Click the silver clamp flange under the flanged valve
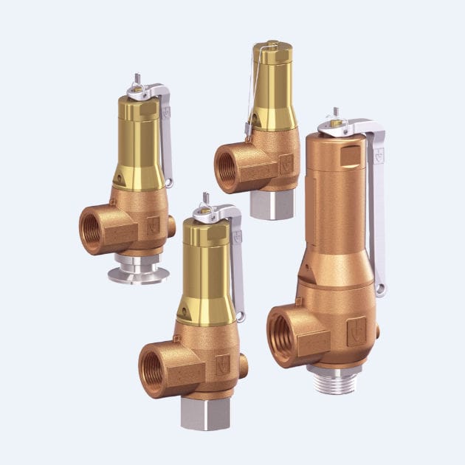tap(139, 274)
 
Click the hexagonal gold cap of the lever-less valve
tap(272, 52)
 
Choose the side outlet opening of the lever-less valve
tap(227, 168)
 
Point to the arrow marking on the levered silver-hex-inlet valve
tap(222, 363)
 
